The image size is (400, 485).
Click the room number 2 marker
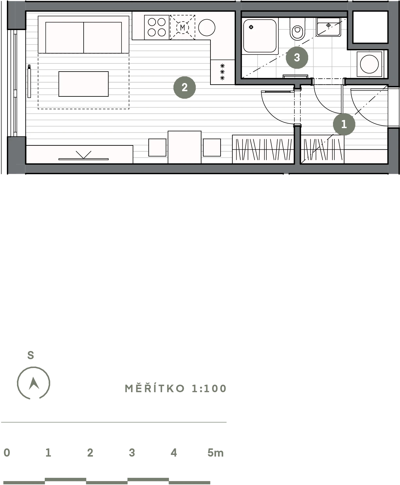click(184, 88)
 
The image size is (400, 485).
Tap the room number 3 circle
click(297, 58)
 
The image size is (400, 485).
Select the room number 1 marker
click(344, 124)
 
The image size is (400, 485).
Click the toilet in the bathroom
click(297, 29)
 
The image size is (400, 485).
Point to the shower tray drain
click(251, 27)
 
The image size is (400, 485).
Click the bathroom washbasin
click(328, 27)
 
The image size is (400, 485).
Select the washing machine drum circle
click(369, 64)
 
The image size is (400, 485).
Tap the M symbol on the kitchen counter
click(183, 27)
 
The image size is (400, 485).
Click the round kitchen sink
click(207, 27)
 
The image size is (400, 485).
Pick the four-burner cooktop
click(157, 27)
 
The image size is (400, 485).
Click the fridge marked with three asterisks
click(223, 72)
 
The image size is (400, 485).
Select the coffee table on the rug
click(83, 84)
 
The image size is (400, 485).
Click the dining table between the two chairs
click(184, 147)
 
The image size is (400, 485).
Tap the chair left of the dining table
click(157, 147)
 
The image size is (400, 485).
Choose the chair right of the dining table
click(212, 147)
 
